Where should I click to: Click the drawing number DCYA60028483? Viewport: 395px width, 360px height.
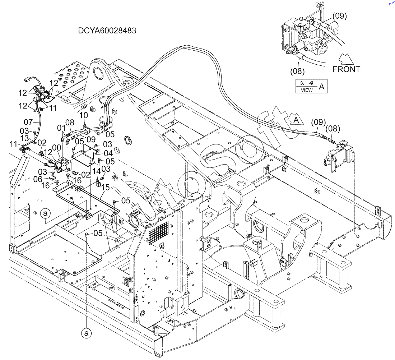click(107, 31)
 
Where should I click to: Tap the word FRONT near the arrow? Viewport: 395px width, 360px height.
click(346, 69)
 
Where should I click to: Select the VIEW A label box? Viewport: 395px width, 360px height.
click(311, 86)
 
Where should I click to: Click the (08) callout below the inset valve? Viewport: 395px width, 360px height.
click(297, 71)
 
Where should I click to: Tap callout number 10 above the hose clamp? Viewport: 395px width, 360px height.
click(83, 115)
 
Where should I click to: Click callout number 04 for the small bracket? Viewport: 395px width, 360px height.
click(108, 153)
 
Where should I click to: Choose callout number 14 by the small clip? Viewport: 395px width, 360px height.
click(96, 172)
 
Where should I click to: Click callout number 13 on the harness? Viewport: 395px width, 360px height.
click(24, 138)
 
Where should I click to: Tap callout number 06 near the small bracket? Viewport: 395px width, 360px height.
click(38, 179)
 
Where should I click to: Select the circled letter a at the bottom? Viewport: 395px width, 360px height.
click(86, 333)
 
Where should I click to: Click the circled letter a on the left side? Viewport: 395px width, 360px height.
click(45, 214)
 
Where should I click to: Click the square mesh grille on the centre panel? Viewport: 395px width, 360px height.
click(158, 232)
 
